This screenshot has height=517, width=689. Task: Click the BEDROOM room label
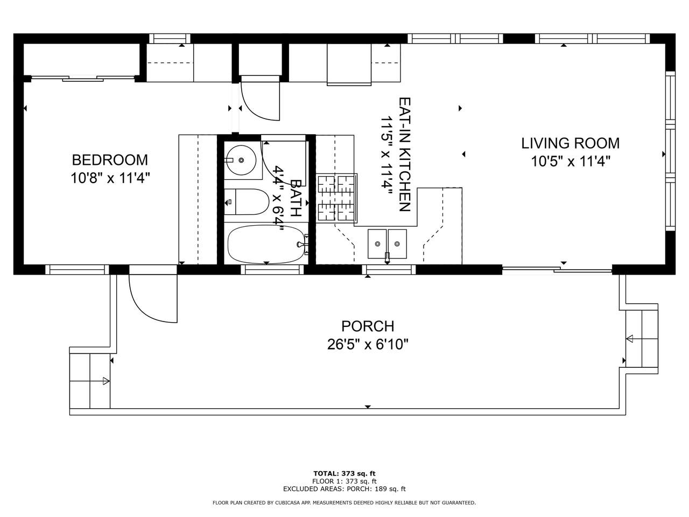click(x=110, y=160)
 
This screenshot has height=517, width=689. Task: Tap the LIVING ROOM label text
click(x=571, y=143)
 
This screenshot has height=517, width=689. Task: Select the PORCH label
click(x=368, y=326)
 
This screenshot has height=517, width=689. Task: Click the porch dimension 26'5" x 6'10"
click(x=368, y=345)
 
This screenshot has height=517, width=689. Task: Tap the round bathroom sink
click(x=241, y=160)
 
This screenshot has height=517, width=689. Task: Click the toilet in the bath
click(x=247, y=202)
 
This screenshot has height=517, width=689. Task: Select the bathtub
click(x=266, y=244)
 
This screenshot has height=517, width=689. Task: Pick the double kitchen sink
click(x=388, y=244)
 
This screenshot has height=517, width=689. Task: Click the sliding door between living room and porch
click(x=557, y=269)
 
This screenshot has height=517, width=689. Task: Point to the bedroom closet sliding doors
click(x=83, y=78)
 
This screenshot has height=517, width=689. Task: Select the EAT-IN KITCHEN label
click(x=405, y=155)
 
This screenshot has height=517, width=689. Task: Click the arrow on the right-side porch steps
click(x=629, y=339)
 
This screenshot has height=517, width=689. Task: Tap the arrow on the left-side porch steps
click(x=106, y=381)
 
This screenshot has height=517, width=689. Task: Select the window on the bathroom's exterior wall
click(x=272, y=270)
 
